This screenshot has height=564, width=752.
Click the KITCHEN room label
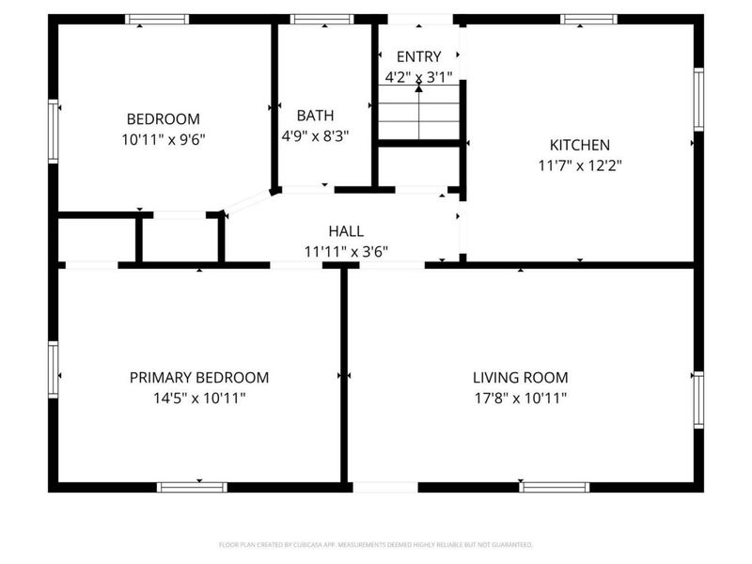tap(579, 145)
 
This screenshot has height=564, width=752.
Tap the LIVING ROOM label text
tap(520, 378)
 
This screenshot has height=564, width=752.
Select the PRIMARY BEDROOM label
tap(198, 378)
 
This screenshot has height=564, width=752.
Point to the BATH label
tap(315, 116)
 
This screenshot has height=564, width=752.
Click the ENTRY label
tap(418, 57)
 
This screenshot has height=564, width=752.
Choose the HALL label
tap(346, 231)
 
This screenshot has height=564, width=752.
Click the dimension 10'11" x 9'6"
tap(164, 139)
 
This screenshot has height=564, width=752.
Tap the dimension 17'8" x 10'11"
tap(520, 398)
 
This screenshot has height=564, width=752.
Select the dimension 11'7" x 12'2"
tap(579, 164)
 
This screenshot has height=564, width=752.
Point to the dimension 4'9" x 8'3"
tap(315, 135)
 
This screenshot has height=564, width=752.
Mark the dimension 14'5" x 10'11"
tap(198, 398)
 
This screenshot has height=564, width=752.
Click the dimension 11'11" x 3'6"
tap(346, 251)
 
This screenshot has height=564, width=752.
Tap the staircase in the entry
tap(418, 111)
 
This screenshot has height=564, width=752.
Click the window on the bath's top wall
tap(321, 19)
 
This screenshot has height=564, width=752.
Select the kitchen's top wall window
tap(589, 19)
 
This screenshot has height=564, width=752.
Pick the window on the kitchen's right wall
tap(698, 100)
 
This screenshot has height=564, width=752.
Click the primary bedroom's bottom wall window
tap(192, 487)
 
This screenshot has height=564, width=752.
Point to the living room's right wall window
tap(698, 400)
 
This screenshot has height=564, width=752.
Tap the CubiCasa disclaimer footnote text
tap(376, 544)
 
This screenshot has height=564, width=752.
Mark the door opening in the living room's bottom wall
tap(384, 487)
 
